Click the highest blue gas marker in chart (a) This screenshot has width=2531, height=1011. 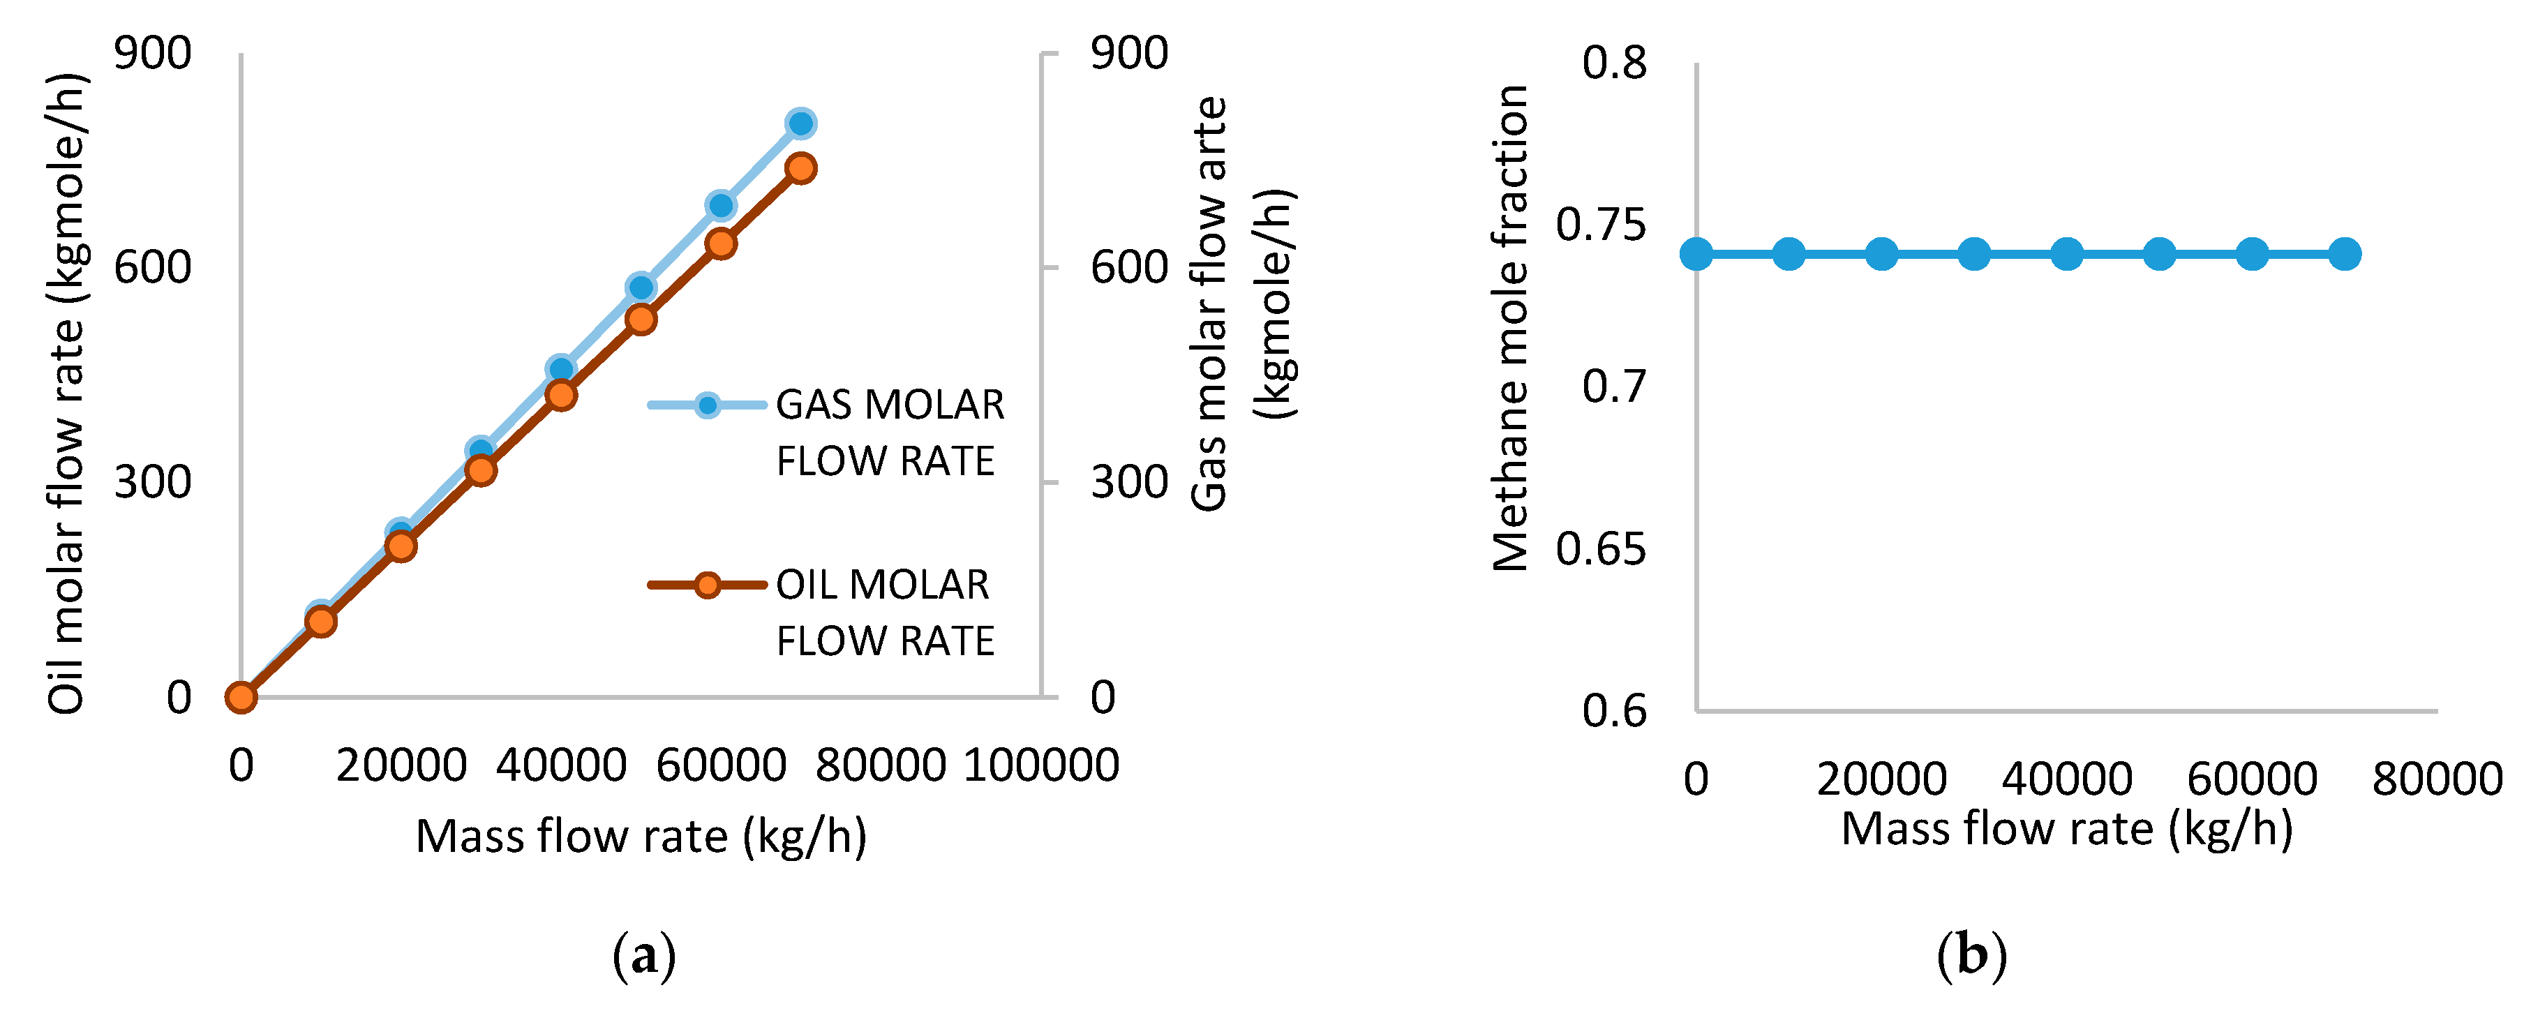801,123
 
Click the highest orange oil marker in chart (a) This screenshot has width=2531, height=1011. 801,168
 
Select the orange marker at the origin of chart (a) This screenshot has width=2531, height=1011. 241,698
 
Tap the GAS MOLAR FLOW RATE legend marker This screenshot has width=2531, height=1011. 706,405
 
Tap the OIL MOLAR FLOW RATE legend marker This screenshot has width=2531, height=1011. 706,585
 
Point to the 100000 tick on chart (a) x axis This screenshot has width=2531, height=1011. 1041,765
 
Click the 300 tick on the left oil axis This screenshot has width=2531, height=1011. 152,482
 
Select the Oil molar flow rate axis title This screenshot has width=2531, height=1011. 67,393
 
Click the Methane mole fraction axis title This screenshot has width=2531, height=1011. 1510,327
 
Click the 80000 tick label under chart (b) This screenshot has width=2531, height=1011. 2437,780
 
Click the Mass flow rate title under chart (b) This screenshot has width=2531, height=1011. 2067,829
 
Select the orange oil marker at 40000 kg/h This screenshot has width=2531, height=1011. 561,395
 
